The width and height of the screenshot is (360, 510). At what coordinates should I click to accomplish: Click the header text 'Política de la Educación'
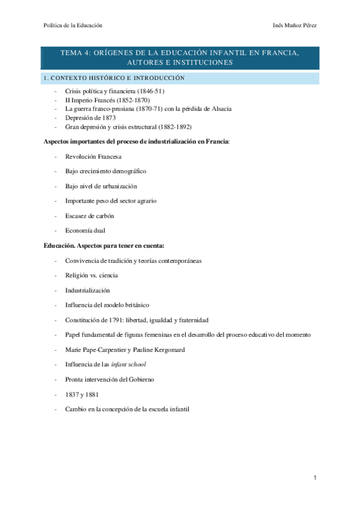pyautogui.click(x=73, y=25)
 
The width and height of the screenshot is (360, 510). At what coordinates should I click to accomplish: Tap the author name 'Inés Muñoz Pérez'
pyautogui.click(x=294, y=25)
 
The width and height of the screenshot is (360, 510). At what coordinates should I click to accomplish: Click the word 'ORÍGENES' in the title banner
pyautogui.click(x=115, y=54)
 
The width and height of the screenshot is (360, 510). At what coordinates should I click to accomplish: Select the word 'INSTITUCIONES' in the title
pyautogui.click(x=204, y=63)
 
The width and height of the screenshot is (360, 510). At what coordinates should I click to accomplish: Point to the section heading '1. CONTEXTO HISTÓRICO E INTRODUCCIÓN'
pyautogui.click(x=114, y=79)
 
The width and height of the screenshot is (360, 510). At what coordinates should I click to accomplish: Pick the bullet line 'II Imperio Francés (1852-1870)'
pyautogui.click(x=108, y=100)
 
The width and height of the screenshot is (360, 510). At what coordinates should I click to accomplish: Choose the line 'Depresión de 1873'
pyautogui.click(x=90, y=118)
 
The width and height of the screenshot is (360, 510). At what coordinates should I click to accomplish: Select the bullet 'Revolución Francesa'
pyautogui.click(x=93, y=156)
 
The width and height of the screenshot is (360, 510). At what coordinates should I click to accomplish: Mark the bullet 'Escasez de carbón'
pyautogui.click(x=90, y=215)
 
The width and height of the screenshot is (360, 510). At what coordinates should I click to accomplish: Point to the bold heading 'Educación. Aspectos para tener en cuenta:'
pyautogui.click(x=104, y=245)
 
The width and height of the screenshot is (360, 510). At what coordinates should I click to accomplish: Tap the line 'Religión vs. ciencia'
pyautogui.click(x=91, y=275)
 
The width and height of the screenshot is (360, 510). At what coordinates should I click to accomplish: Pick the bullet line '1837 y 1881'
pyautogui.click(x=82, y=394)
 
